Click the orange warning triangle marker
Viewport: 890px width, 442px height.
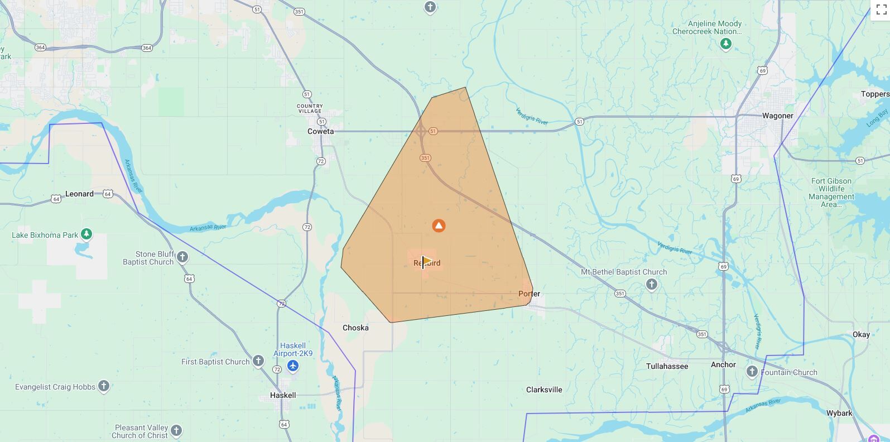pos(439,225)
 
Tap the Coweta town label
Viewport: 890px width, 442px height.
pos(321,132)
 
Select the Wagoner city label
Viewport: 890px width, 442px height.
pos(777,116)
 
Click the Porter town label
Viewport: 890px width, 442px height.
pos(529,294)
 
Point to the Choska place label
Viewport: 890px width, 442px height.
pos(355,328)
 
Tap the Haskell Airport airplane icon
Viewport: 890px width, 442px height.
pos(293,366)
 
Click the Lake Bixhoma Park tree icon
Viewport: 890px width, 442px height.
pos(86,234)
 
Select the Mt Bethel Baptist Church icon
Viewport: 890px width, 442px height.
pos(651,285)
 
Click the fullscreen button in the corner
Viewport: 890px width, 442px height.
pos(881,10)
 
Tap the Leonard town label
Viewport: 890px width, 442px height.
pos(79,194)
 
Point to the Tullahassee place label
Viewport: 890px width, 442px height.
pos(667,366)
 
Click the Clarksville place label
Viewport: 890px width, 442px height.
pos(544,390)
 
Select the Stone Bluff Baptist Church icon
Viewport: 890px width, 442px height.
pos(182,257)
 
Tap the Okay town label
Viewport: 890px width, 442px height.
pos(860,334)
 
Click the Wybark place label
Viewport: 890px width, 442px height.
pos(839,413)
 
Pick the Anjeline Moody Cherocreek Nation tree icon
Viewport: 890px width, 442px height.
pos(725,44)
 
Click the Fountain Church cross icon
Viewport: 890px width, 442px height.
pos(752,372)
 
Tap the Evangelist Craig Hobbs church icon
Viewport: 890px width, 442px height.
pos(103,386)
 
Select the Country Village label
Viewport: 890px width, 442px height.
pos(310,108)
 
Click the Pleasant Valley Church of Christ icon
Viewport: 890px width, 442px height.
pos(176,430)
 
